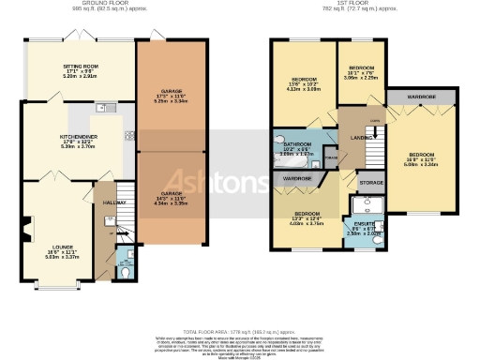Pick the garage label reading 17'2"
(170, 93)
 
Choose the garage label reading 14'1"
(170, 198)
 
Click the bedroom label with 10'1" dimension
(361, 69)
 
